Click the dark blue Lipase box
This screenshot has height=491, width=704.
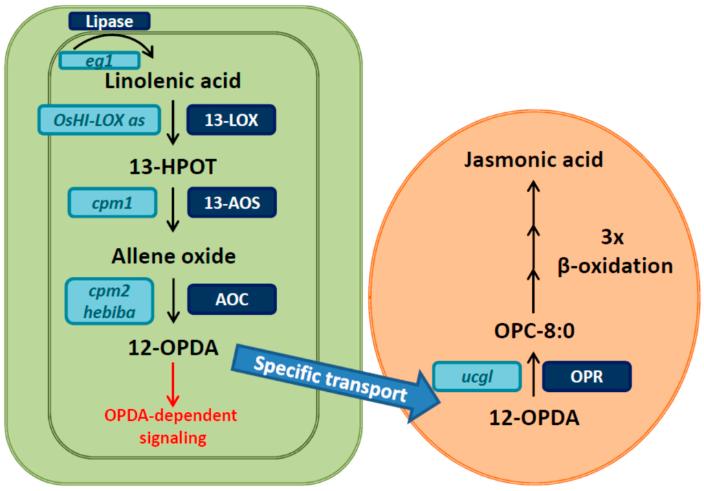pos(109,21)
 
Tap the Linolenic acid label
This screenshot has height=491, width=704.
pos(173,81)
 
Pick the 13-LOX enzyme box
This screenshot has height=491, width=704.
pos(231,120)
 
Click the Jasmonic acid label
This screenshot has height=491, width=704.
pos(533,160)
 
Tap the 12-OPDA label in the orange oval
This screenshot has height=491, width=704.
pos(535,417)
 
